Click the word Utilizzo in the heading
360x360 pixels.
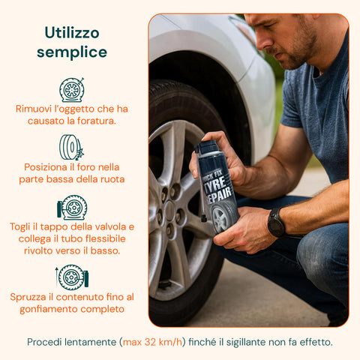coord(72,32)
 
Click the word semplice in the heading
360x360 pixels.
coord(72,52)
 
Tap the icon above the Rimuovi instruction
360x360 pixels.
coord(72,89)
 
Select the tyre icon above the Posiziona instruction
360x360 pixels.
coord(72,147)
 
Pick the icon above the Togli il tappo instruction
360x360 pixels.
coord(72,208)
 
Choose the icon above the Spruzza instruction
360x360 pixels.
coord(72,277)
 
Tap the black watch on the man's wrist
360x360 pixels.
coord(277,223)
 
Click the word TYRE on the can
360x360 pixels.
coord(217,182)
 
